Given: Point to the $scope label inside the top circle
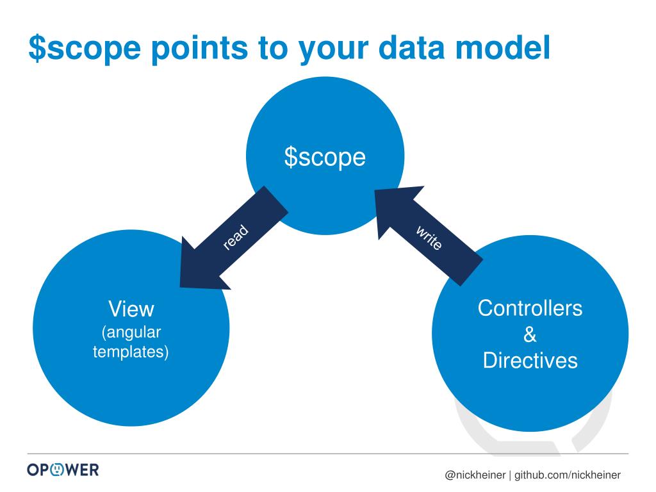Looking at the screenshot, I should (x=325, y=157).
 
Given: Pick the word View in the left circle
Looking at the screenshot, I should (x=131, y=309).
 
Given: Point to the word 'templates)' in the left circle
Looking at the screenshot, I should (x=131, y=352).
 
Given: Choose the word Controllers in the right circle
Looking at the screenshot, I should (x=530, y=308).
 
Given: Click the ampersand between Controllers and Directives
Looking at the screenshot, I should (x=530, y=334).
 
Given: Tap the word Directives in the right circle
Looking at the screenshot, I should (x=530, y=360).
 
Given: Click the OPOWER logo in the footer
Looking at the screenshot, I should (x=63, y=470).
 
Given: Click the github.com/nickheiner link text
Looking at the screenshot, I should (x=568, y=475).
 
